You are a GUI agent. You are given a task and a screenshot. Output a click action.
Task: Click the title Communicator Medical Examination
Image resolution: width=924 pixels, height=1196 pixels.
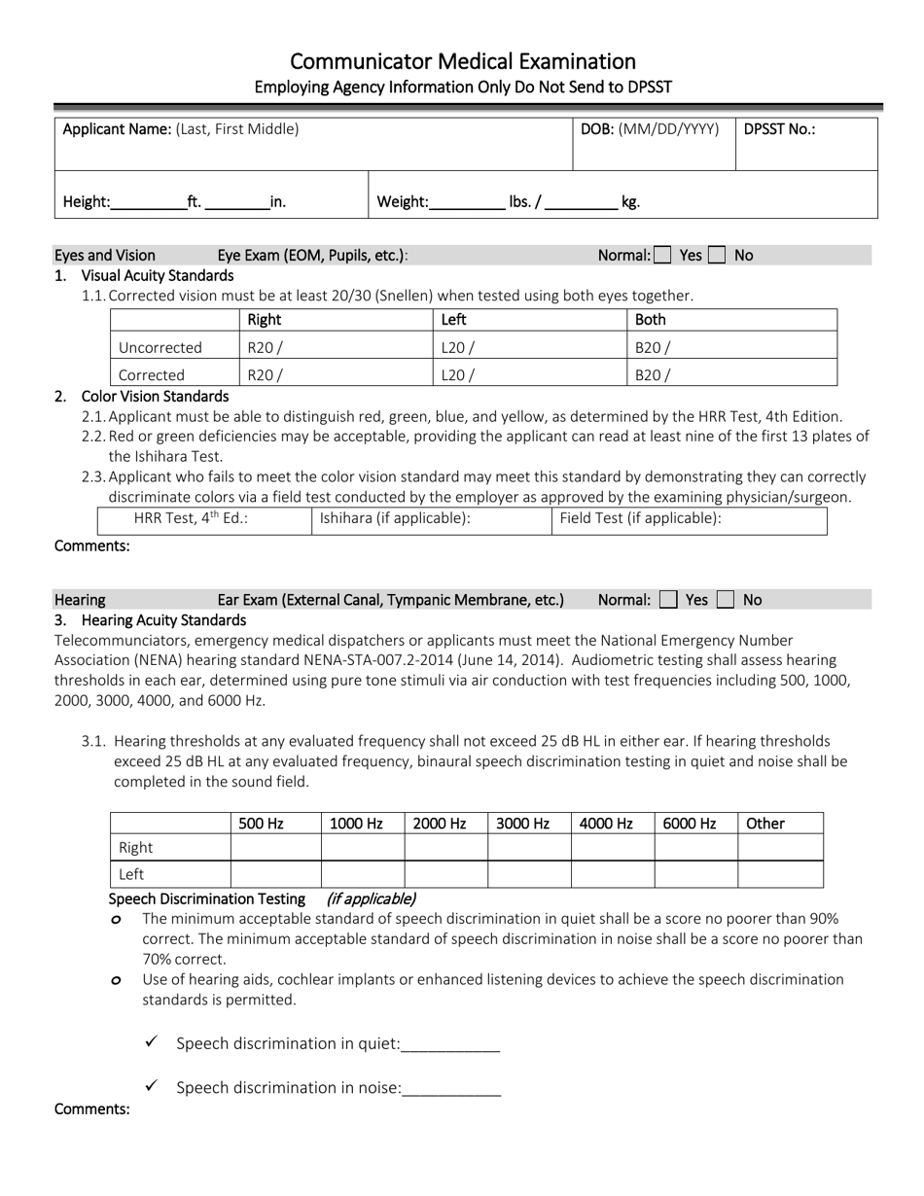(x=463, y=61)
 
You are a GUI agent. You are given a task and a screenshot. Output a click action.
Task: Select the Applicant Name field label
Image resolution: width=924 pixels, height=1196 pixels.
(x=117, y=129)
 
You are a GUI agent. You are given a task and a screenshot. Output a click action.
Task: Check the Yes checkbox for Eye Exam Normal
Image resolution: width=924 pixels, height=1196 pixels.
(x=662, y=256)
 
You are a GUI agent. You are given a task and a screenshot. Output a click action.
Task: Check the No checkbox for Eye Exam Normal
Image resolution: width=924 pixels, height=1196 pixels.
(x=717, y=256)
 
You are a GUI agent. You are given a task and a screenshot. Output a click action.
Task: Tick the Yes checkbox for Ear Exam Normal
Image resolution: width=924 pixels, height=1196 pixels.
(x=668, y=600)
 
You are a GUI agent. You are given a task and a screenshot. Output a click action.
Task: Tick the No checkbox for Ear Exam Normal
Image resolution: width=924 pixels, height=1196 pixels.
(x=725, y=600)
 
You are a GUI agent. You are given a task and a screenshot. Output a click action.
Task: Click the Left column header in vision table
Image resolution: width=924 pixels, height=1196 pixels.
(x=454, y=320)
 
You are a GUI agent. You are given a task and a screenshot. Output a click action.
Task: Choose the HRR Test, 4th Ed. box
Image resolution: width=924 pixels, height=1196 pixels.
(x=204, y=519)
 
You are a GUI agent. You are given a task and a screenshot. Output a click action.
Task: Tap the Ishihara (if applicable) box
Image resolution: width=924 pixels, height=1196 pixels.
(x=431, y=519)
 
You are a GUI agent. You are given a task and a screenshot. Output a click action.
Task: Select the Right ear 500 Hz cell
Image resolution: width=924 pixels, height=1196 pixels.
(x=275, y=848)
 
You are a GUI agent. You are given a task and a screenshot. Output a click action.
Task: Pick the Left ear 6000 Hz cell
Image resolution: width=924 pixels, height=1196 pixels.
(x=695, y=874)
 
